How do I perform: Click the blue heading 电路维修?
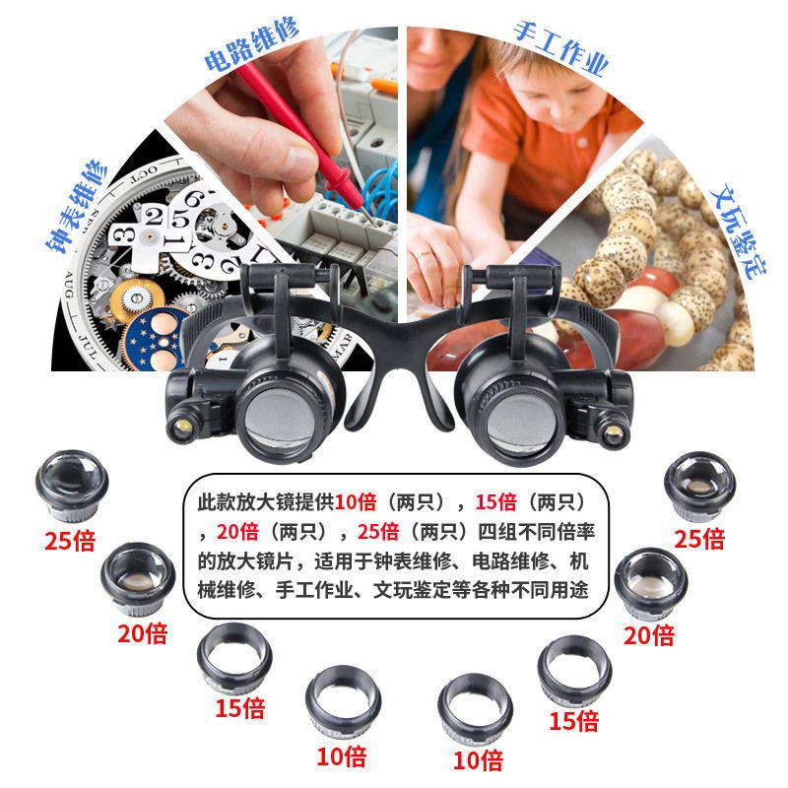point(251,44)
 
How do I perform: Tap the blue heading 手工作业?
point(560,48)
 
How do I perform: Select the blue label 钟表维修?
point(77,206)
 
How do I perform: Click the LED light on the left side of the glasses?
point(183,427)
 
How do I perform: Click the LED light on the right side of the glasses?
point(613,433)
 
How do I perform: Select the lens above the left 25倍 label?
point(72,486)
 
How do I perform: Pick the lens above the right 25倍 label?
point(699,485)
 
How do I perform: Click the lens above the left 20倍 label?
point(138,578)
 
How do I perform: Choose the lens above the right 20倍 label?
point(651,583)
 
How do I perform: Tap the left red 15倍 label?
point(240,707)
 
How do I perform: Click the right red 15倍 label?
point(574,721)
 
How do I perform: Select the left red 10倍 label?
point(342,755)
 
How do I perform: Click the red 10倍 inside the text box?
point(356,501)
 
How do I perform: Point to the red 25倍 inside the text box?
point(378,531)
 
